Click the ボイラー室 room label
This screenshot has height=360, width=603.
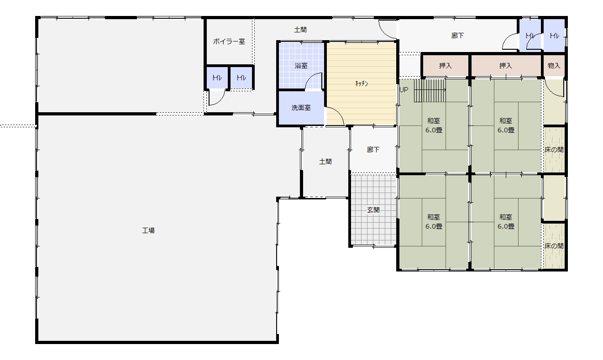(229, 42)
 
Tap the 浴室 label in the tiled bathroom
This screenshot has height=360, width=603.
(301, 66)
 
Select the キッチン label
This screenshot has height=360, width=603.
(361, 83)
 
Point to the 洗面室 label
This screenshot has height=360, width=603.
(301, 108)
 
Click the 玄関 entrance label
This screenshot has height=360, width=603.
(373, 209)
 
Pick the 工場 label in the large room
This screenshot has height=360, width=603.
(148, 230)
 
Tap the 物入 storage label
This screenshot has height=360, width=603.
(554, 66)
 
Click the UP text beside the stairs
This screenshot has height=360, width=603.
(404, 90)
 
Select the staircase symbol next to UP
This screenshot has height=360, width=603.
(430, 90)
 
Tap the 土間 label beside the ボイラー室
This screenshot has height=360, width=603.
(300, 30)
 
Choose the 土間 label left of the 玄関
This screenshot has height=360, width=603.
(325, 162)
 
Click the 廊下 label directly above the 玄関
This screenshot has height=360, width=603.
(373, 150)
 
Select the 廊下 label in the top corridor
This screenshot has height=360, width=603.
(457, 36)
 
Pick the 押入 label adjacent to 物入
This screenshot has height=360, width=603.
(505, 66)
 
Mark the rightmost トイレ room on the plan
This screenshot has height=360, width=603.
(554, 35)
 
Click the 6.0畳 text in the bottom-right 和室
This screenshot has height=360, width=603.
(506, 226)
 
